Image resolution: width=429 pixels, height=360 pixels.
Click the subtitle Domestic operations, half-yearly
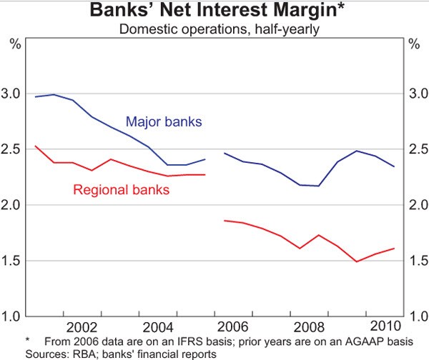click(x=214, y=29)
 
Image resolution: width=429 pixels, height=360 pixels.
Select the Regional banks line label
click(x=121, y=190)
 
